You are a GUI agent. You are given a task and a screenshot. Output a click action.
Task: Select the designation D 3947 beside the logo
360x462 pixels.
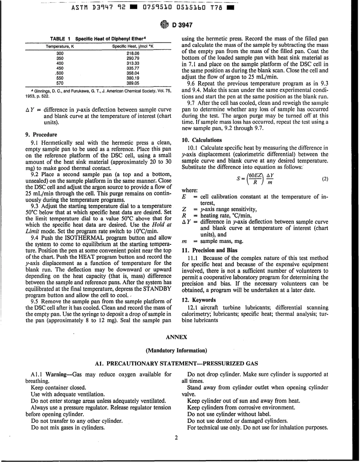(x=182, y=25)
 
